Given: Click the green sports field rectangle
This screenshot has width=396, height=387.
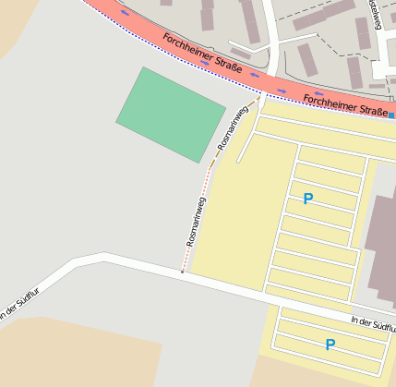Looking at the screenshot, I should [171, 115].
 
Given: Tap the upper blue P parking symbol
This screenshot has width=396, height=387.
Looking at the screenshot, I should [308, 199].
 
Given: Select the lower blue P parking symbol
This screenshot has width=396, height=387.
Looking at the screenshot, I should [330, 345].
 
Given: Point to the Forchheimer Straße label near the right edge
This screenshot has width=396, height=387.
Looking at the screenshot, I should [344, 104].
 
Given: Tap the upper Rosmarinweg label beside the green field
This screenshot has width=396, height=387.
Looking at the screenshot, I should [234, 129].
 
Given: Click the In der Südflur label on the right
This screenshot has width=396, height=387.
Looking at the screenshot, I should [372, 324].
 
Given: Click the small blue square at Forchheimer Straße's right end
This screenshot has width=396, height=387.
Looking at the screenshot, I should [391, 115].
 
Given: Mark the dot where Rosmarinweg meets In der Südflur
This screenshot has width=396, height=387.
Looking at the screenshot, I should [182, 272].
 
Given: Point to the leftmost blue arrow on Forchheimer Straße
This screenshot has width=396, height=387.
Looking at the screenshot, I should [124, 13].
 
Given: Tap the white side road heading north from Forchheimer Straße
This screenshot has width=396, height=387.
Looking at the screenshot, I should [271, 37].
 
